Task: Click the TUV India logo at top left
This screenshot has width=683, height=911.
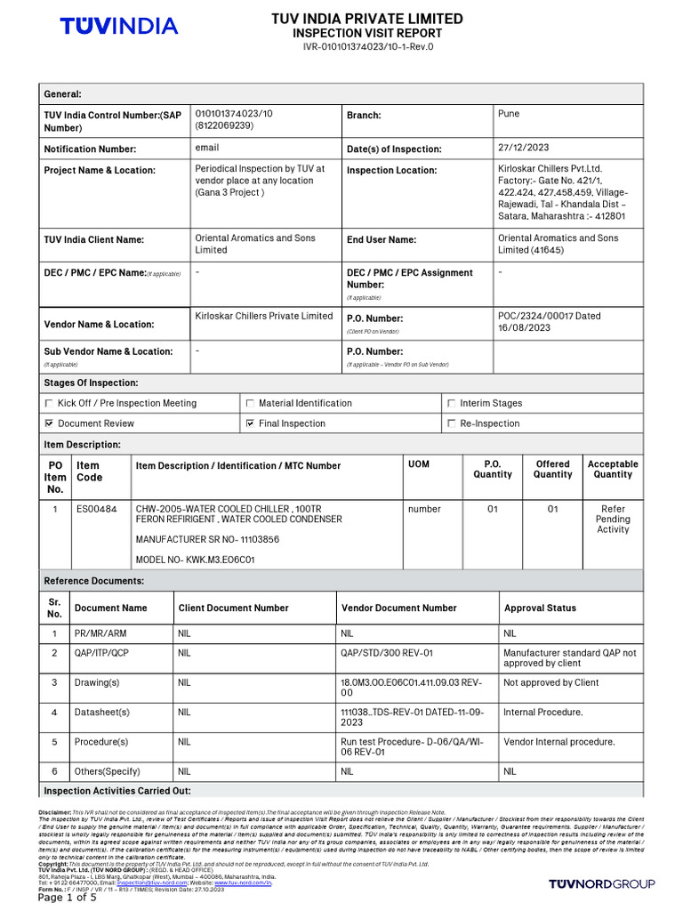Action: tap(118, 27)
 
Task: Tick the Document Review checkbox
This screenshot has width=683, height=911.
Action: tap(49, 423)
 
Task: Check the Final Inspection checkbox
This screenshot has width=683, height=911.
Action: tap(250, 423)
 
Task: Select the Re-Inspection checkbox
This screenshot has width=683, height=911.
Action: tap(452, 423)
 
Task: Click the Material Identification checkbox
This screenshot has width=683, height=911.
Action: tap(250, 403)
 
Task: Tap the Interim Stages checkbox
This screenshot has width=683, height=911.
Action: tap(452, 403)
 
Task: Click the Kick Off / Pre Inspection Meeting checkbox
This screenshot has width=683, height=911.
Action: tap(49, 403)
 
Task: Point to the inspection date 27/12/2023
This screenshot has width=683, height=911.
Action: tap(524, 148)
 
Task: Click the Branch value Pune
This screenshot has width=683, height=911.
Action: tap(509, 114)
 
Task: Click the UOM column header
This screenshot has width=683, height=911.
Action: tap(418, 464)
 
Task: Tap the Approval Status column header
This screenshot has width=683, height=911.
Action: tap(540, 608)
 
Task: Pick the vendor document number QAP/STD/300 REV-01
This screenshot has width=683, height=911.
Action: tap(387, 652)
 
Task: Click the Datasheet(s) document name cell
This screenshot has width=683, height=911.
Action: tap(102, 713)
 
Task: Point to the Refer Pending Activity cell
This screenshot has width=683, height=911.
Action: tap(612, 519)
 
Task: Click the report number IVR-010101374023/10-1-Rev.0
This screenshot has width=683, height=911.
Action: tap(366, 46)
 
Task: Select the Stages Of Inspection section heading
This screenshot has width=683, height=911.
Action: tap(91, 383)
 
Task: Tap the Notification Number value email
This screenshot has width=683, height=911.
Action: tap(206, 148)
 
